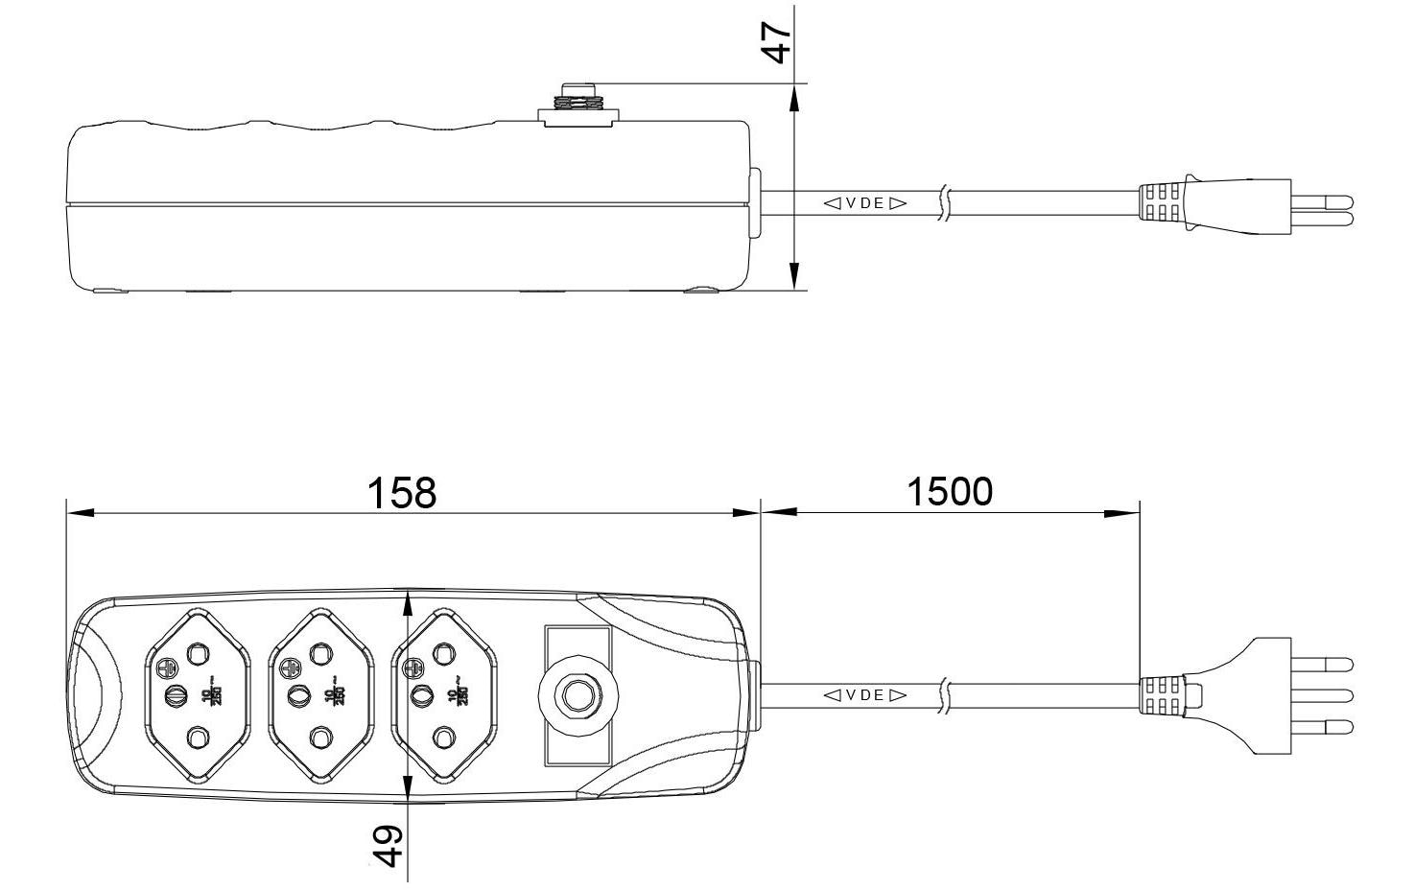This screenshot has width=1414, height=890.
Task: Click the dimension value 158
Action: pos(402,492)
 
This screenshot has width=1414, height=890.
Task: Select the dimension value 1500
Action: pos(950,491)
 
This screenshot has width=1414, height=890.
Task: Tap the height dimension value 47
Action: pos(778,35)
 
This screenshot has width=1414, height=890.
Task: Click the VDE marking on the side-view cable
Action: pos(864,203)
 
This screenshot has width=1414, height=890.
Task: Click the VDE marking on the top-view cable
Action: pos(864,695)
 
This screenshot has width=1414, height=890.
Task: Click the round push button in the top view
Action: pos(577,694)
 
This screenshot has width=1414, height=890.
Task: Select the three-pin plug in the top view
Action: pos(1247,694)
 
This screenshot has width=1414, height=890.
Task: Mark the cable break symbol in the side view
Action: pos(946,203)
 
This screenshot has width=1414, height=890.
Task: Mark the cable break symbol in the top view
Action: pos(946,695)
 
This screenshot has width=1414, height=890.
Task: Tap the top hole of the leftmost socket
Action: pos(198,653)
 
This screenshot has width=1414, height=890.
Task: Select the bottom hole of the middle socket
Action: pos(320,738)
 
